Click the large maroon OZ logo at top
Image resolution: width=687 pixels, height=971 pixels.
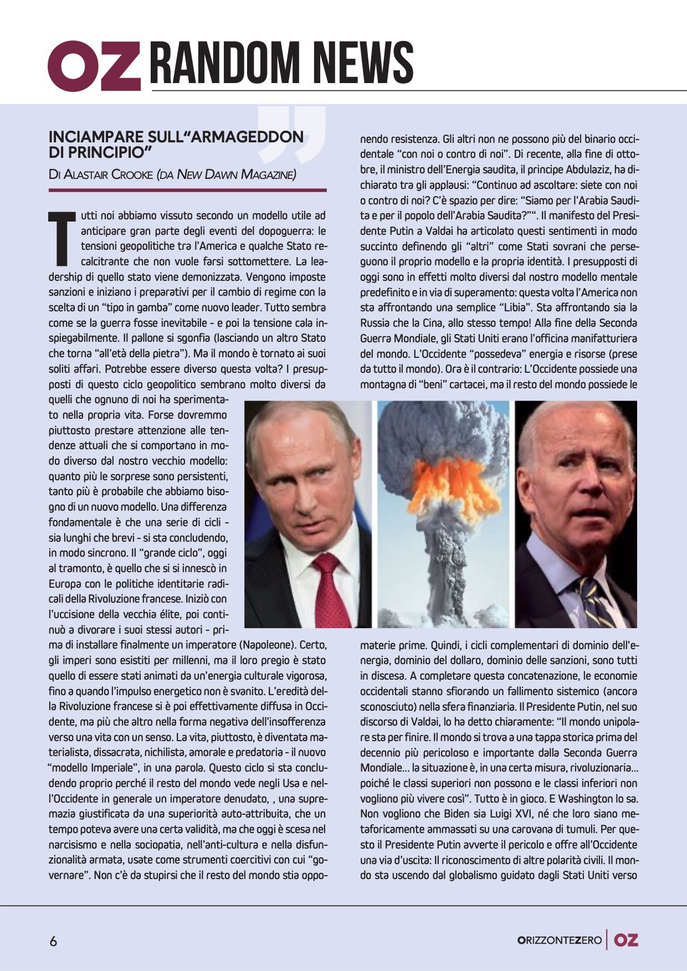point(94,65)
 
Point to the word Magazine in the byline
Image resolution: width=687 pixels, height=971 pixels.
point(266,175)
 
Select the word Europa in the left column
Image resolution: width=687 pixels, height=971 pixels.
point(65,584)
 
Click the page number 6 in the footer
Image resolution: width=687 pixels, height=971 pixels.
point(54,941)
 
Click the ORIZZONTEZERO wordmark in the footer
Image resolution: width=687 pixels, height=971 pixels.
point(559,940)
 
